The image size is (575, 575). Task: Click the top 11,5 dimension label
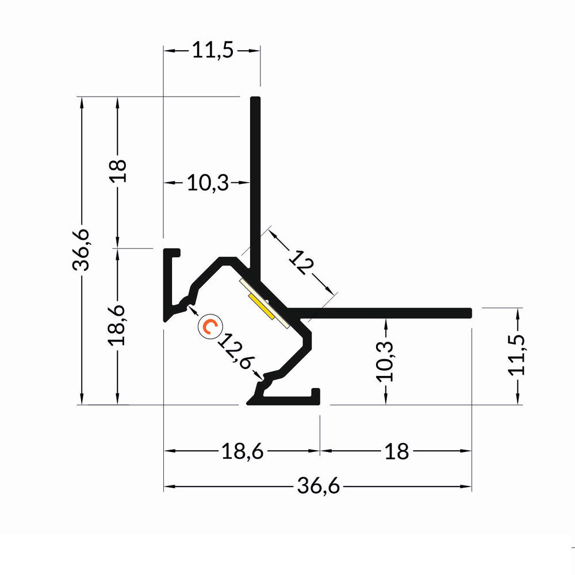[212, 51]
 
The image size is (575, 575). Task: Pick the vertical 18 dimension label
[118, 171]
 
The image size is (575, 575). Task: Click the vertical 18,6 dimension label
[118, 325]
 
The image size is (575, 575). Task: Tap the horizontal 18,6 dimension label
[242, 452]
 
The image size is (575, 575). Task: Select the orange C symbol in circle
[208, 327]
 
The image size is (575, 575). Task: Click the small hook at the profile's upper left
[172, 252]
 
